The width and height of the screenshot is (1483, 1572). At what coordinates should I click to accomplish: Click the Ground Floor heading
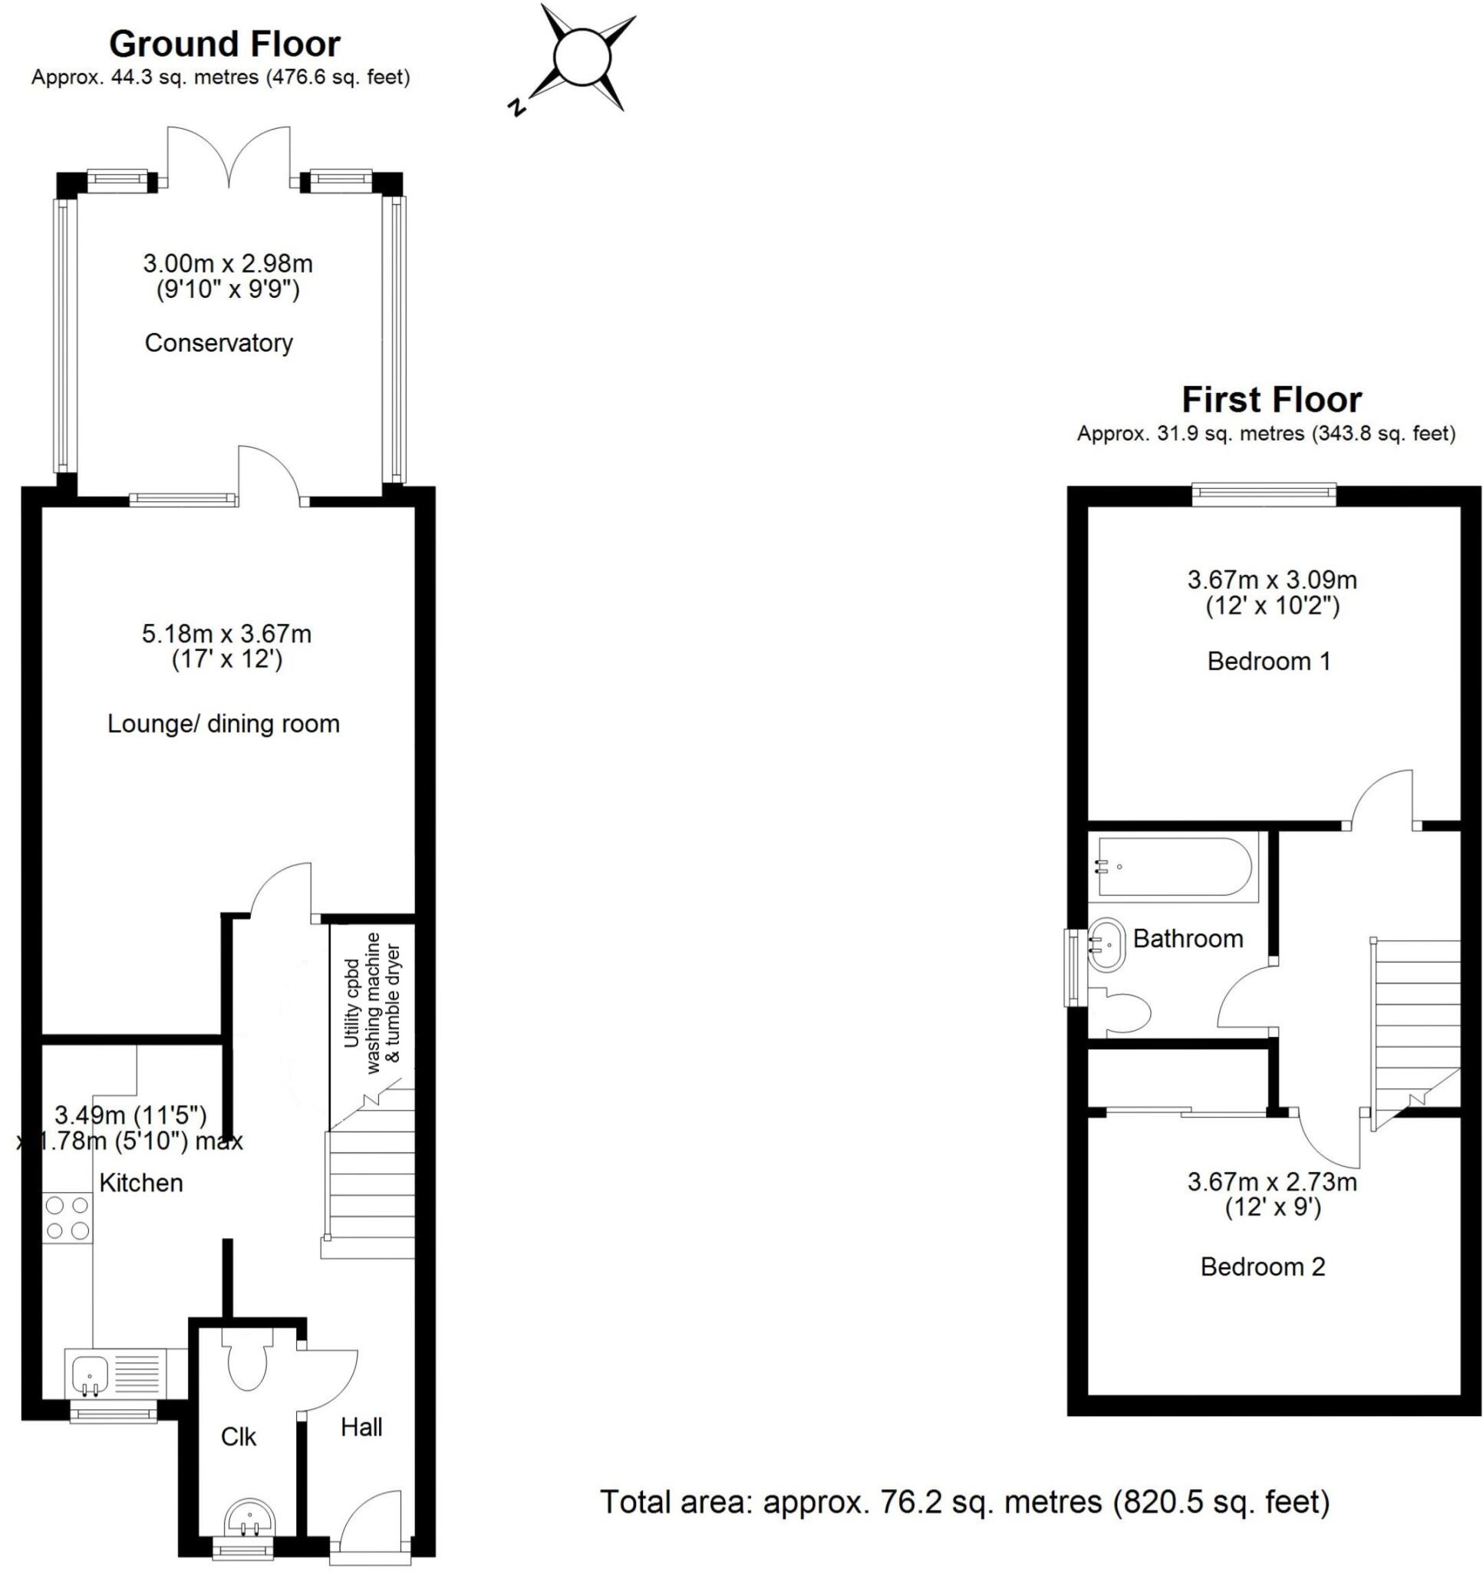225,45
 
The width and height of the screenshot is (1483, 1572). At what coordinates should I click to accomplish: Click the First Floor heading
1271,400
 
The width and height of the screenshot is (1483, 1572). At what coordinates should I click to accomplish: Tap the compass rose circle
583,58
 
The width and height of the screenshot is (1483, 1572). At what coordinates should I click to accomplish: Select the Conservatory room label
219,343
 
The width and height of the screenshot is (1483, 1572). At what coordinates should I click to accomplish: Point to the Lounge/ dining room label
224,724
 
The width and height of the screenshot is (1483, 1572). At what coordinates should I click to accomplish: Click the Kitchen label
140,1183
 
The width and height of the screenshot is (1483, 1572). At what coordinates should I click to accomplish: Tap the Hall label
361,1426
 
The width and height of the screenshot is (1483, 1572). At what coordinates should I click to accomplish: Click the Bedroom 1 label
1269,661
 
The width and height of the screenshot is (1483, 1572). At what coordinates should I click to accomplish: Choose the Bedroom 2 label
1263,1267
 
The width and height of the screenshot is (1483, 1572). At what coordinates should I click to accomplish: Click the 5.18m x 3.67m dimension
227,634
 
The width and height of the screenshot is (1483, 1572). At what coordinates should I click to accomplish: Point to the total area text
965,1501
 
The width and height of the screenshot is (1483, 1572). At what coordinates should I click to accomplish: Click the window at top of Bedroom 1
1264,495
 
